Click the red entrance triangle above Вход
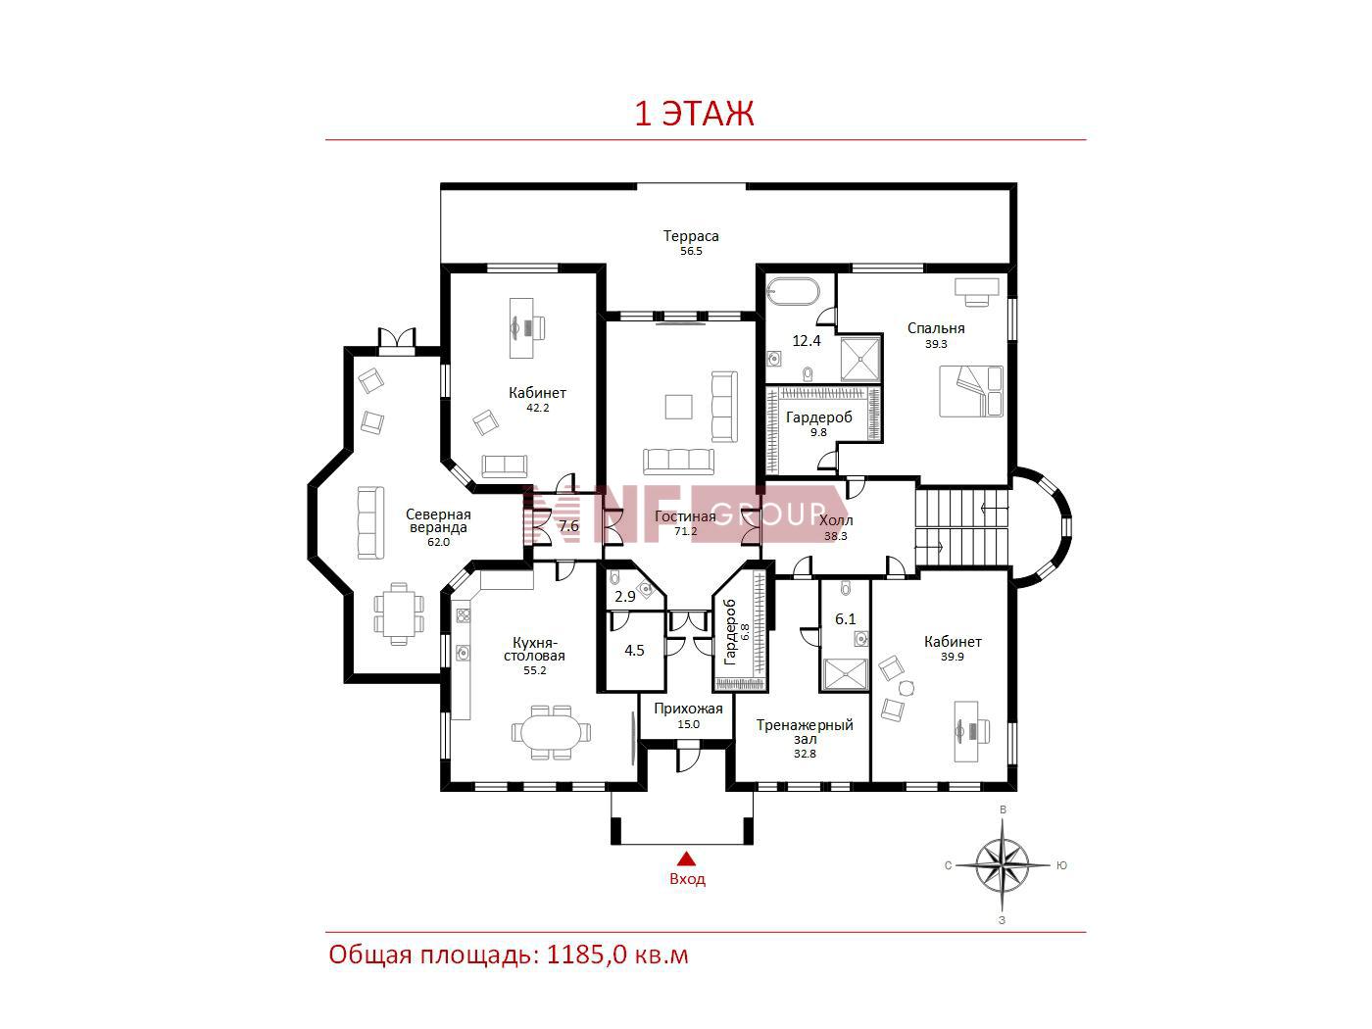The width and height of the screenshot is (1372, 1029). click(687, 858)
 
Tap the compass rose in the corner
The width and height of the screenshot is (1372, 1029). click(1002, 865)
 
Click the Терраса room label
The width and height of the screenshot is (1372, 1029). click(691, 236)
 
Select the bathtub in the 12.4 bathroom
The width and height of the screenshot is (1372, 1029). click(793, 292)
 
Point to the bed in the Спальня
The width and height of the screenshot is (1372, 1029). click(971, 391)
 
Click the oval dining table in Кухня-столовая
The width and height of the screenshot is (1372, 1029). click(551, 732)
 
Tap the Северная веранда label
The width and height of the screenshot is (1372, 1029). click(438, 520)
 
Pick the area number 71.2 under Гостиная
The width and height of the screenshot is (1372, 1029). click(686, 532)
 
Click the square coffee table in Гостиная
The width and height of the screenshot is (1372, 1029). click(678, 407)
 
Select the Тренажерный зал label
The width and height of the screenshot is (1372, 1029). click(805, 732)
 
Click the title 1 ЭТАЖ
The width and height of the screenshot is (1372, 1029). click(694, 114)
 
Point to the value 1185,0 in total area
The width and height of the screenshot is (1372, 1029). click(586, 955)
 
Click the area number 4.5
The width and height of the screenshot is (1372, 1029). click(634, 651)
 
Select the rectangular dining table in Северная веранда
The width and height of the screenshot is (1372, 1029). click(398, 614)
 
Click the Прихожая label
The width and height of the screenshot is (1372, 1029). click(688, 709)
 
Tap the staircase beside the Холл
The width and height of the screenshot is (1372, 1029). click(962, 528)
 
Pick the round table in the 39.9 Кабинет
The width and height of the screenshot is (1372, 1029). click(906, 688)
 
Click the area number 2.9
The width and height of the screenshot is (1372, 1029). click(625, 597)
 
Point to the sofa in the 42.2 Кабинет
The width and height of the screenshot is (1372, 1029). click(504, 466)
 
